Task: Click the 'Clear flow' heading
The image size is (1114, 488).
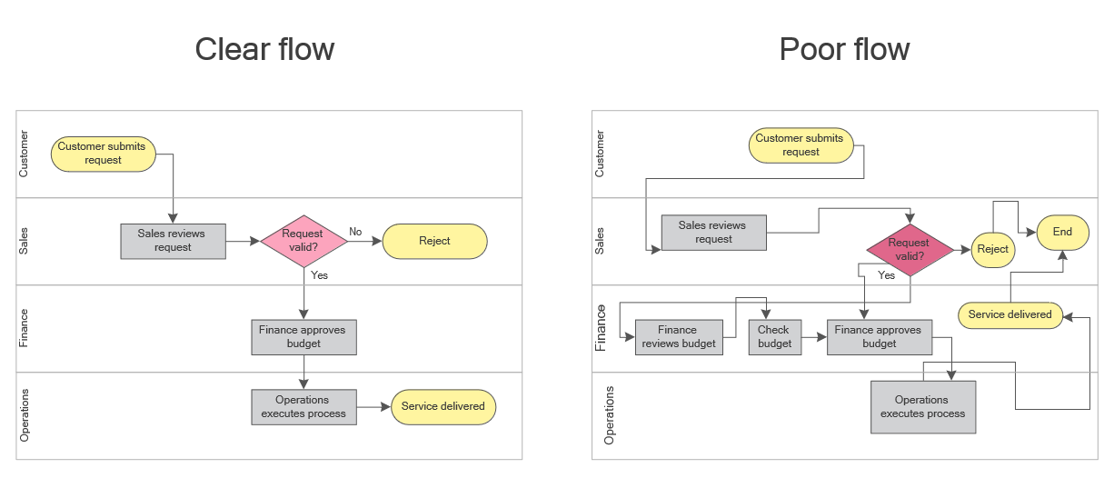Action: tap(264, 49)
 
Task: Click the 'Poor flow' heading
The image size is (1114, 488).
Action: tap(844, 49)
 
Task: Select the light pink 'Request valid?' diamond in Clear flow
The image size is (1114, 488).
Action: tap(303, 241)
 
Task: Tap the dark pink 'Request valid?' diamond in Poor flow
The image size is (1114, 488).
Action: tap(910, 250)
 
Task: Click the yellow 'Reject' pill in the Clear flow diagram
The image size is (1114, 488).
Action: tap(435, 241)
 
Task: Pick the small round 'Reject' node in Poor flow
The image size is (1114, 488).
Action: tap(993, 249)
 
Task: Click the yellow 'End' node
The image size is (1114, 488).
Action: tap(1062, 233)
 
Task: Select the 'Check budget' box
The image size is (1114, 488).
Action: tap(775, 337)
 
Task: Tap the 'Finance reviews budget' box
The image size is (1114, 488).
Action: tap(679, 337)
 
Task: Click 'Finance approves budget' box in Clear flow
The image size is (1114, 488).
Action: tap(303, 337)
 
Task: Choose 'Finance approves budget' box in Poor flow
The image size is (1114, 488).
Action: tap(879, 337)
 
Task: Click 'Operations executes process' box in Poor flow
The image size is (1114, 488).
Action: tap(922, 406)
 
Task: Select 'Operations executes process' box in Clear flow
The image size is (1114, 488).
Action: tap(303, 406)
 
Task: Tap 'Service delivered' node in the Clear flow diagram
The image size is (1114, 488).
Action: tap(443, 406)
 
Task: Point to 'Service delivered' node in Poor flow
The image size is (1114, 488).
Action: tap(1010, 314)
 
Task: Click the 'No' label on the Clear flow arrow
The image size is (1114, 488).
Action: tap(355, 232)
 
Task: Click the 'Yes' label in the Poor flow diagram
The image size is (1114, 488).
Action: tap(886, 275)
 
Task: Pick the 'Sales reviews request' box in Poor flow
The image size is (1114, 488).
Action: tap(713, 233)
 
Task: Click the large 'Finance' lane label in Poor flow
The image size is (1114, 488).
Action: tap(601, 328)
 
